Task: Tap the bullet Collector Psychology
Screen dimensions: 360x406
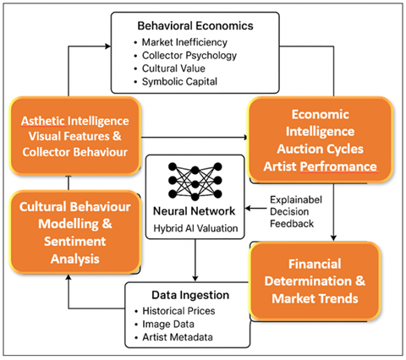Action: coord(184,56)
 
